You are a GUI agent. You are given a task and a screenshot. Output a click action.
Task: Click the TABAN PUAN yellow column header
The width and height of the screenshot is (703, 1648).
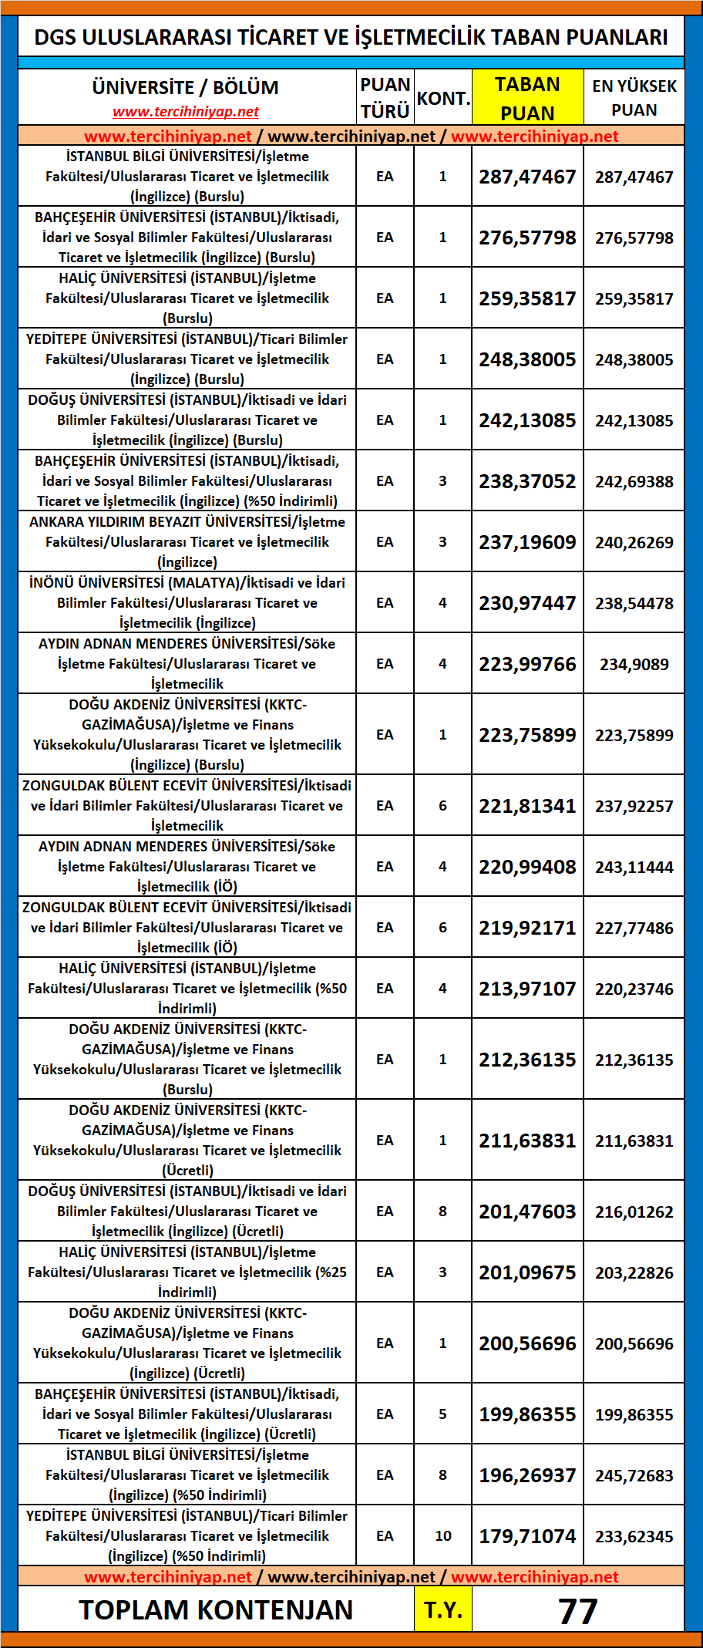click(x=527, y=98)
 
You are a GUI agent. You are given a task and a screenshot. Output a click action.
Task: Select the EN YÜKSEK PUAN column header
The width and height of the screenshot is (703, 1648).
click(x=634, y=98)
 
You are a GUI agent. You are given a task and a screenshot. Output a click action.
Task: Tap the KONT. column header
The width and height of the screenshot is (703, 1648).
click(x=442, y=99)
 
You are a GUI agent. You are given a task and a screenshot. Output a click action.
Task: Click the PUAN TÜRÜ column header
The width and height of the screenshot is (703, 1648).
click(x=385, y=98)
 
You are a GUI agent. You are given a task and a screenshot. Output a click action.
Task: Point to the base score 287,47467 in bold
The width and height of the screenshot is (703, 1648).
click(x=527, y=177)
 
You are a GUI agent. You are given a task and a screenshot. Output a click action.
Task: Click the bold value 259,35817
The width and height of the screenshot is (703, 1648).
click(x=527, y=298)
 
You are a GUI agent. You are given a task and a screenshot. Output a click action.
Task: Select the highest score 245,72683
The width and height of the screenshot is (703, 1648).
click(x=634, y=1475)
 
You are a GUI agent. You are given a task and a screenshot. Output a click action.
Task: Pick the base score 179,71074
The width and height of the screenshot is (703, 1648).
click(x=527, y=1536)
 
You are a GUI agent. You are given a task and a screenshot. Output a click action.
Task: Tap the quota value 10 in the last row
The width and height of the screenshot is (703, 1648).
click(x=442, y=1536)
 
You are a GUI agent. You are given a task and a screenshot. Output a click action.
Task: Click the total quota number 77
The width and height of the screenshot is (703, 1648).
click(x=577, y=1611)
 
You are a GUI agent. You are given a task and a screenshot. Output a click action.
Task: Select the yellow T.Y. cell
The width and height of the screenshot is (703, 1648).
click(x=442, y=1610)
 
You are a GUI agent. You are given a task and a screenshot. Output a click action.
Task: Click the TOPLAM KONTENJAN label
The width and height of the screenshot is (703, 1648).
click(x=216, y=1610)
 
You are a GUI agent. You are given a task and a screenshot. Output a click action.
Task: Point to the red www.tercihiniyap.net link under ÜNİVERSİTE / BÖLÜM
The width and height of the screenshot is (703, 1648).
click(x=186, y=112)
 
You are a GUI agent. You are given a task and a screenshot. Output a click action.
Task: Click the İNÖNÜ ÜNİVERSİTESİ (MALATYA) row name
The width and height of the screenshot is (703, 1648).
click(x=187, y=602)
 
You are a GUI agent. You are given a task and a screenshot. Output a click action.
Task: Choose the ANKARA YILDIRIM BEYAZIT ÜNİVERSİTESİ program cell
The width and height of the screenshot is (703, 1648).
click(x=187, y=541)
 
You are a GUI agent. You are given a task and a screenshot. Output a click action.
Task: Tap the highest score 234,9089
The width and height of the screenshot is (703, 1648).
click(x=634, y=664)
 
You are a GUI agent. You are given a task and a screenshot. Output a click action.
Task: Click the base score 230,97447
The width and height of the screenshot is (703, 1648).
click(x=527, y=603)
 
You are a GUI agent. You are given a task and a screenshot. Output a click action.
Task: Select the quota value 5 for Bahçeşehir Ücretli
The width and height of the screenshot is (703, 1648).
click(x=442, y=1414)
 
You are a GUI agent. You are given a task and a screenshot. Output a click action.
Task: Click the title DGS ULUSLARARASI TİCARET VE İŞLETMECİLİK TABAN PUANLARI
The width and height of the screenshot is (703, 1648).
click(x=351, y=37)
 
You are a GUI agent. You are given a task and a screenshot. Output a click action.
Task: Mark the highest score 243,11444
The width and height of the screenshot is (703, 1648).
click(x=634, y=867)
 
